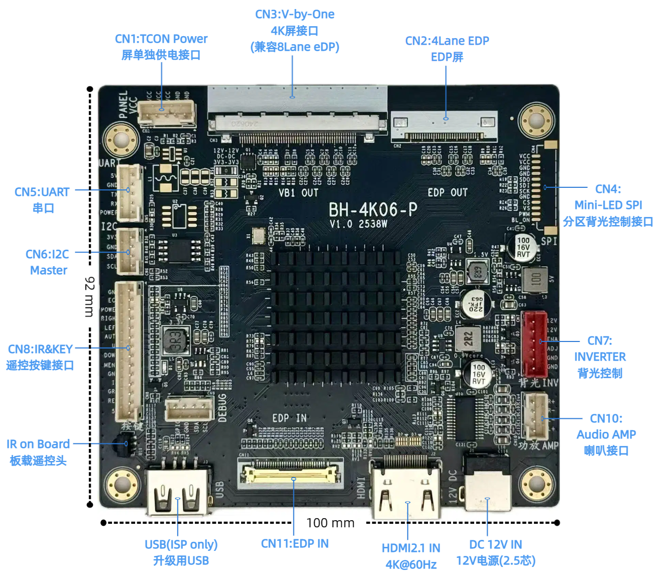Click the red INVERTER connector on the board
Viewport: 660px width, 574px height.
click(x=534, y=344)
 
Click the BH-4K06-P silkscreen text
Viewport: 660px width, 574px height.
click(x=373, y=209)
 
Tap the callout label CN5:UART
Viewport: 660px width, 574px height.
click(x=42, y=192)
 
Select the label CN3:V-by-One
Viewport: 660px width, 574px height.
click(x=295, y=14)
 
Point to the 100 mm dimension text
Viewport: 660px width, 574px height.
click(x=330, y=523)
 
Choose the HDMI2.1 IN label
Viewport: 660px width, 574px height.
click(x=411, y=548)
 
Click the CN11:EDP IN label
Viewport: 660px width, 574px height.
click(x=295, y=543)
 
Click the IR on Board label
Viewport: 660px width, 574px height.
click(x=38, y=444)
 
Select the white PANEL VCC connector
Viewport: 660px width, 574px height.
click(x=166, y=113)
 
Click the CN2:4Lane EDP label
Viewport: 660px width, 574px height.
click(x=447, y=41)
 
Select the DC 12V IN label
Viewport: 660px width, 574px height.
click(x=495, y=544)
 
